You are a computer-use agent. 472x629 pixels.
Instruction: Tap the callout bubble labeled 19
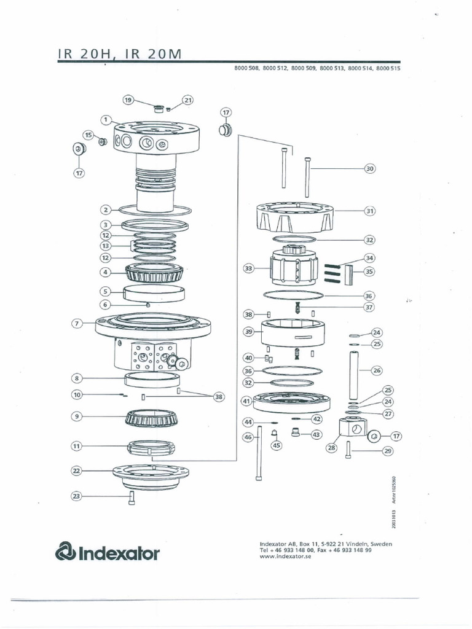128,100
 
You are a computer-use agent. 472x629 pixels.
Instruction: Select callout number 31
369,211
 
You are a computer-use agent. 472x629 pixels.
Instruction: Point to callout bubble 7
77,323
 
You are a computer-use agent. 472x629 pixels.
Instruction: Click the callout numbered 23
76,496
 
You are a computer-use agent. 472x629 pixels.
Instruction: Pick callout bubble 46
248,437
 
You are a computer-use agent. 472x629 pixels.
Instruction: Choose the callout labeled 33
248,268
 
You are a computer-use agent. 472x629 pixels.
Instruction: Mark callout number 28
332,448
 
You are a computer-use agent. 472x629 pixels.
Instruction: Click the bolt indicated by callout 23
132,498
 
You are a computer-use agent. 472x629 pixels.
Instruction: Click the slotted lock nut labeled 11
151,448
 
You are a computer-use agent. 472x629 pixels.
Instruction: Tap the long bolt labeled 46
261,455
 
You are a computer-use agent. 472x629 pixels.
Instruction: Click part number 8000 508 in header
246,69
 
